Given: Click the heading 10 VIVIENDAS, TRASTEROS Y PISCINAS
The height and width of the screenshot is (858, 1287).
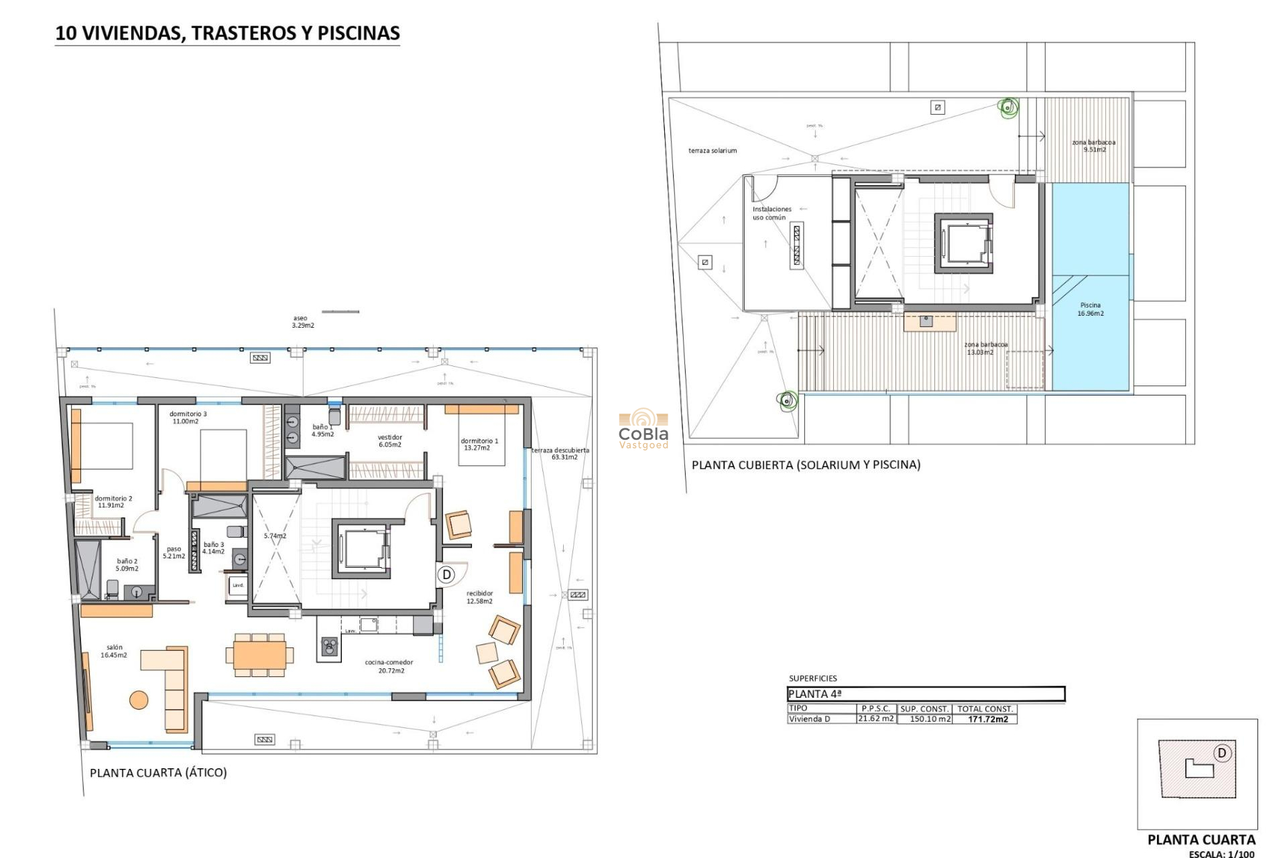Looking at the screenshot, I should (227, 33).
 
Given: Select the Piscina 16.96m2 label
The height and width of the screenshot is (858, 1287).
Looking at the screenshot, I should (1090, 309).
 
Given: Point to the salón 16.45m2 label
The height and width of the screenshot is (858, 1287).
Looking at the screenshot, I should (114, 651).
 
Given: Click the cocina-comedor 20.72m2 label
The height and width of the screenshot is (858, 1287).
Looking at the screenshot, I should (389, 666).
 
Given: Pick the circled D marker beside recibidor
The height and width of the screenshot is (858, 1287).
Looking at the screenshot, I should (446, 574).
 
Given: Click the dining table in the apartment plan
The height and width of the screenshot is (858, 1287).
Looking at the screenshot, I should (259, 654).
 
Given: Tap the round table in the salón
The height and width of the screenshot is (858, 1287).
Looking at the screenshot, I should (139, 700).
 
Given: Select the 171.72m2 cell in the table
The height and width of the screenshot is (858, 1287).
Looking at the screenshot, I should (987, 719).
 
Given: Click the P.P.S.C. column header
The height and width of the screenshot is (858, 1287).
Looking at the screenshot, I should (875, 709).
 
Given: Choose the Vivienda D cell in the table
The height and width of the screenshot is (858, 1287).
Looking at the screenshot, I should (809, 719).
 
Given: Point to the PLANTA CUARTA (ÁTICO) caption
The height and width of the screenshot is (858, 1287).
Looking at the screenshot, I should (158, 773).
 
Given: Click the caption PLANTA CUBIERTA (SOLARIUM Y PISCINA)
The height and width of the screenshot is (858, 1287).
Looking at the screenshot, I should (806, 465).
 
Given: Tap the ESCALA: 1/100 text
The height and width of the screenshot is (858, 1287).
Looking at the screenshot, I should (1221, 854).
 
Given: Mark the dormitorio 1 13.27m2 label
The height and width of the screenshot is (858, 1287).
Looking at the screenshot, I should (479, 444).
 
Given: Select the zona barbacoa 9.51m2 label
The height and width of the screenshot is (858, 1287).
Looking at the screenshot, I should (1093, 146).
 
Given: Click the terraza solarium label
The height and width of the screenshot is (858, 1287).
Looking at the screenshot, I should (712, 151).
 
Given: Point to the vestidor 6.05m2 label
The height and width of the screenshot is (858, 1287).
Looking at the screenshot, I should (389, 441).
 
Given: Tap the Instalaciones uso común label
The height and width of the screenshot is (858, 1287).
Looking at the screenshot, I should (771, 213).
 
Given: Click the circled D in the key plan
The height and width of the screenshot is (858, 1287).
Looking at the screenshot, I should (1221, 753).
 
